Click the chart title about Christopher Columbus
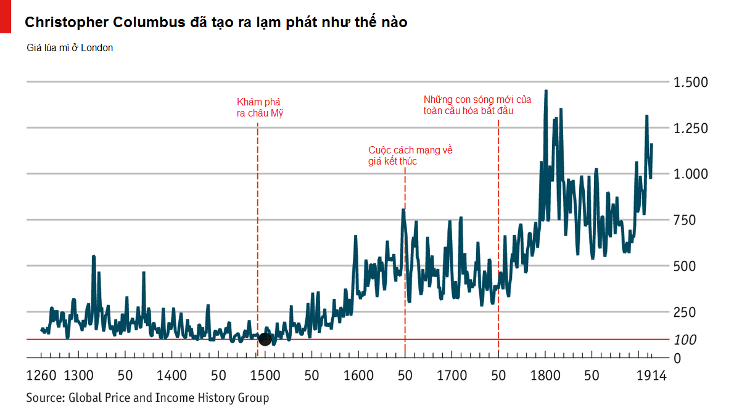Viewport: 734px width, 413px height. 216,23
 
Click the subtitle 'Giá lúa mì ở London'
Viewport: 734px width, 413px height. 70,47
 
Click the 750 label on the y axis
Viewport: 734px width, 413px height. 684,220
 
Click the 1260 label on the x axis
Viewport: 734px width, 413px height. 41,375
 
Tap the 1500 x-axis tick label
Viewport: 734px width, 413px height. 265,375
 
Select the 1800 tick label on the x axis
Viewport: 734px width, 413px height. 545,375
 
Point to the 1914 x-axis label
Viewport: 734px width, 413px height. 651,375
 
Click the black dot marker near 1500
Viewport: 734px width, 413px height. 265,339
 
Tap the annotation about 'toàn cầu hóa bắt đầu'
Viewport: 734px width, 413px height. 477,105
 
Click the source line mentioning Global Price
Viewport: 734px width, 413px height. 147,398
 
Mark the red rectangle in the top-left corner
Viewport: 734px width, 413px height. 6,16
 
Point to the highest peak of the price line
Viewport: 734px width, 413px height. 546,91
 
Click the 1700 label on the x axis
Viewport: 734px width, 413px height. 452,375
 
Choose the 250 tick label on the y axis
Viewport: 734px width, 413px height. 684,312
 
